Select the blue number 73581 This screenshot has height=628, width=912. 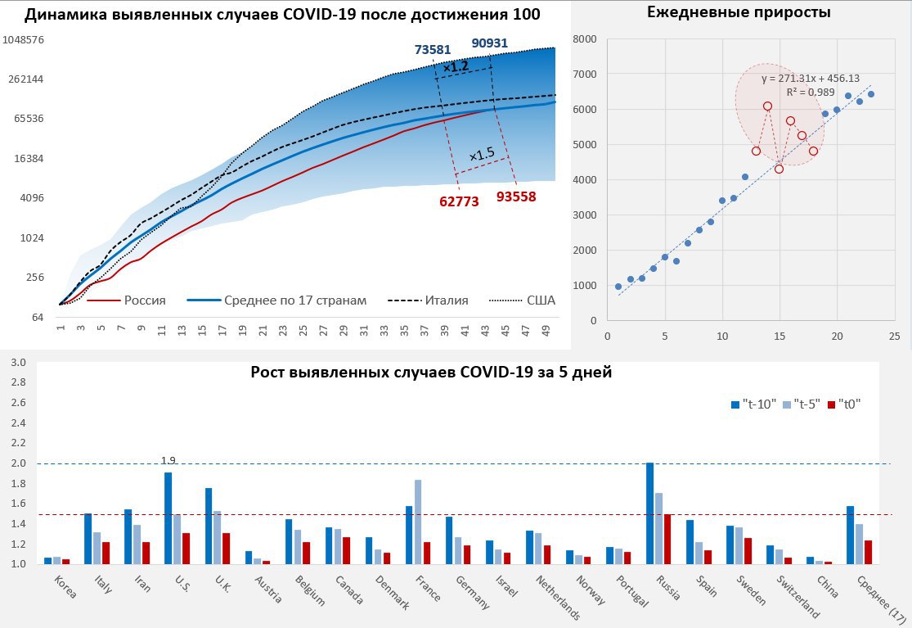(433, 49)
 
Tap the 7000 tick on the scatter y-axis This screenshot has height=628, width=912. (585, 75)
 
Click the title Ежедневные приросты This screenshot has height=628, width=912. (739, 12)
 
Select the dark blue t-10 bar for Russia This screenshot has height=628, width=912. (650, 513)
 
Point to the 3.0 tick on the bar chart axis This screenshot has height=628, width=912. (19, 363)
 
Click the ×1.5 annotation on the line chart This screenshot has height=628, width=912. (482, 154)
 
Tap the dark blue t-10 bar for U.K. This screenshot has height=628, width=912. (209, 526)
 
